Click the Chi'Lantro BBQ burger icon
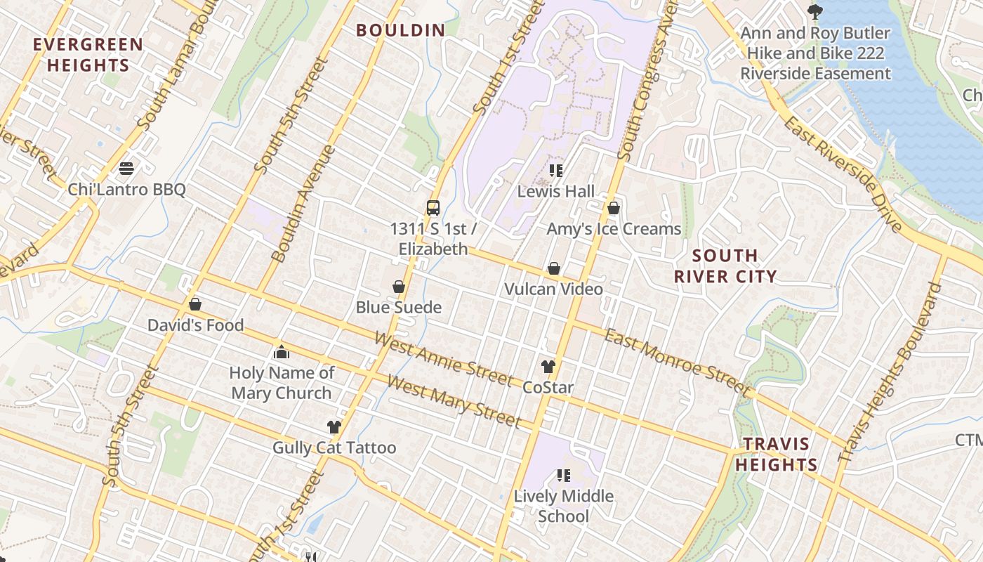[126, 169]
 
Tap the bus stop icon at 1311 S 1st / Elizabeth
[433, 208]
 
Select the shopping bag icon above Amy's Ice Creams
[614, 208]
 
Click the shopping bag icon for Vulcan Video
[554, 268]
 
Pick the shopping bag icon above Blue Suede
[399, 287]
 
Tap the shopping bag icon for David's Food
[195, 304]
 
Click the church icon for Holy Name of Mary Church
[282, 352]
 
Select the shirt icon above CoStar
[548, 367]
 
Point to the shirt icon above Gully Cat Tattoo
[334, 427]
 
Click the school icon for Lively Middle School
[563, 476]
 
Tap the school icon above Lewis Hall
[556, 170]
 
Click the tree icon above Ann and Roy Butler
[814, 12]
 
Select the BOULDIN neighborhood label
[400, 30]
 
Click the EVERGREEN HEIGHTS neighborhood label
[88, 55]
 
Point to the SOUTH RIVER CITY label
[725, 266]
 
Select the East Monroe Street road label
[677, 361]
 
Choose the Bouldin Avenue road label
[303, 204]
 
